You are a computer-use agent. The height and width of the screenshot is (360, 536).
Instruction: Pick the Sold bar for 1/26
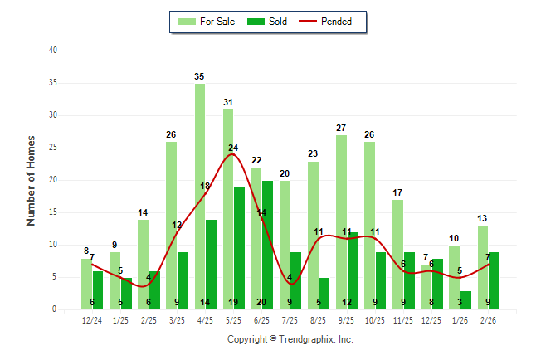[465, 299]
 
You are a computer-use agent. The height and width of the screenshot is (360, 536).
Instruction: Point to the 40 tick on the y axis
[52, 51]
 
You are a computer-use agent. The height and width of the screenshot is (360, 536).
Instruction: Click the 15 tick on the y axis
[52, 212]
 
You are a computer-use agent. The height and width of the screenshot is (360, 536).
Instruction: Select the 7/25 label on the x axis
[290, 319]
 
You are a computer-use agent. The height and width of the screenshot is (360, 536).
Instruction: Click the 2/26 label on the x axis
[488, 319]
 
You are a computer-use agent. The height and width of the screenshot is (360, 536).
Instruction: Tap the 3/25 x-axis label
[177, 319]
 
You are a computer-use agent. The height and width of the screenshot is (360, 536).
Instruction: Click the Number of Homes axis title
[31, 180]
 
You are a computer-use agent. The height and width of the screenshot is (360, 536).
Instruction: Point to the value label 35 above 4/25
[200, 77]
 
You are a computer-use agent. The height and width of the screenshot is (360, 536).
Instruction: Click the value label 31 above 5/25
[228, 103]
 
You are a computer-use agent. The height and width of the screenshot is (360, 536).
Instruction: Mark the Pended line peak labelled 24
[233, 148]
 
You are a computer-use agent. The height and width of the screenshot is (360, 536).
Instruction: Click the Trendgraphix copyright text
[290, 339]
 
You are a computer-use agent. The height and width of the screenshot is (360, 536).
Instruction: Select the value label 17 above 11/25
[397, 193]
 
